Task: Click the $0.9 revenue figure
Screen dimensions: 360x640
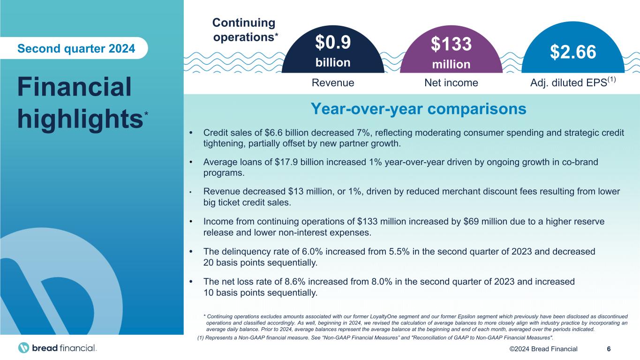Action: coord(332,43)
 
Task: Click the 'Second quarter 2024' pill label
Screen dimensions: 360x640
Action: coord(76,48)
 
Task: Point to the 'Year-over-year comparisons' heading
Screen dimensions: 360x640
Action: coord(418,109)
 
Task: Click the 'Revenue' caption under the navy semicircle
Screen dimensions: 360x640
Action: coord(333,83)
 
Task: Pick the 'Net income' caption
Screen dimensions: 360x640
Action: coord(451,83)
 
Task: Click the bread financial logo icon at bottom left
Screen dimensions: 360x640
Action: coord(24,348)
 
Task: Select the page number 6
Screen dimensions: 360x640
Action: coord(608,348)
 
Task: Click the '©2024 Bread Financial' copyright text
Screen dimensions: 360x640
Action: coord(551,348)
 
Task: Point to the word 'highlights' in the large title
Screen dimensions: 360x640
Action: coord(79,118)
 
